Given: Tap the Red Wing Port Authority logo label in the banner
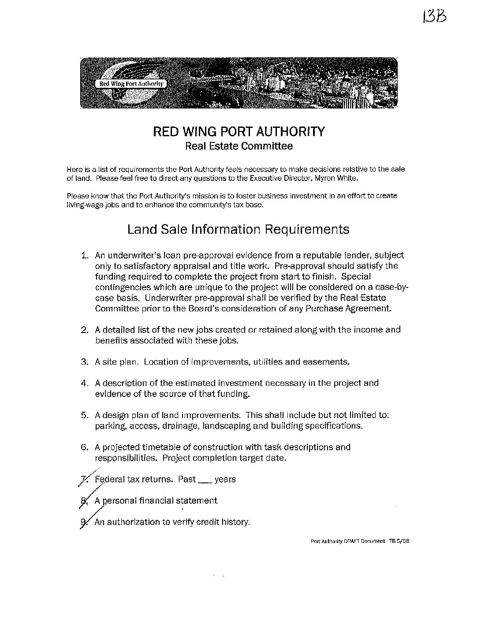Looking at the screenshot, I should pyautogui.click(x=131, y=83).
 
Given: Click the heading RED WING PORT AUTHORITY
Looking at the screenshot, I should pyautogui.click(x=239, y=131).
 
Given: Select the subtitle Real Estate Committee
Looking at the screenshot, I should pyautogui.click(x=239, y=146).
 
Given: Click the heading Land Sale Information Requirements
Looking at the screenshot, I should pyautogui.click(x=238, y=229).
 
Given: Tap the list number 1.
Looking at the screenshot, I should pyautogui.click(x=85, y=255).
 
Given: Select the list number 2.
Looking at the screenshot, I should pyautogui.click(x=85, y=330).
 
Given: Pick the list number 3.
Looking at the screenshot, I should pyautogui.click(x=85, y=362).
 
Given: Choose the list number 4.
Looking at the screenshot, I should pyautogui.click(x=85, y=383).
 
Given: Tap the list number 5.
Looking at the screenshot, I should pyautogui.click(x=85, y=415).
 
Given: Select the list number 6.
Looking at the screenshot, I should pyautogui.click(x=85, y=447).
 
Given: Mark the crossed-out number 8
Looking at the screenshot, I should pyautogui.click(x=85, y=501).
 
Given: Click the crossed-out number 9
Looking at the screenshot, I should pyautogui.click(x=84, y=522).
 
